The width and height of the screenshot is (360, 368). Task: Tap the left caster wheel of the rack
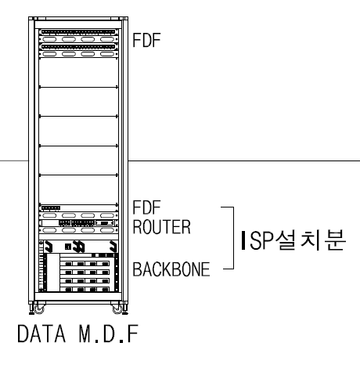(34, 306)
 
